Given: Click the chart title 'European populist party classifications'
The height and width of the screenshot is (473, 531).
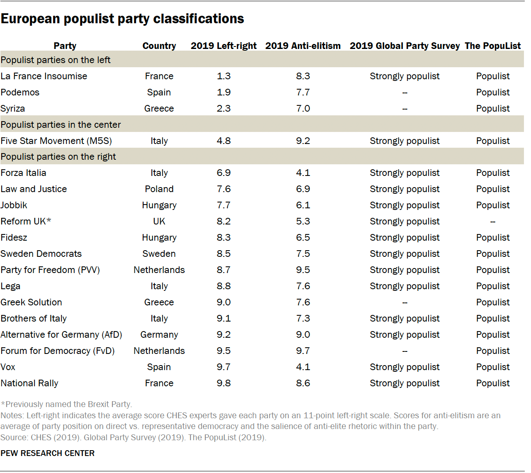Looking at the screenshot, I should [x=122, y=19].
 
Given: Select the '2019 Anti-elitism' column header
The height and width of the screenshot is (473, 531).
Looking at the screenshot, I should [x=303, y=46].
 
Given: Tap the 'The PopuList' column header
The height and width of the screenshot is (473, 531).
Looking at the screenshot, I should [x=492, y=46].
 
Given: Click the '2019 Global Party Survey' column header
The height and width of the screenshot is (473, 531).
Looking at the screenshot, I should [x=404, y=46].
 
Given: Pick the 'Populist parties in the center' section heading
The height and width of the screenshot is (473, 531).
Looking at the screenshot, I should [x=61, y=125].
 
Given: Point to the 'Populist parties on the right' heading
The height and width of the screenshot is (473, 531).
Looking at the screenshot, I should [x=58, y=157].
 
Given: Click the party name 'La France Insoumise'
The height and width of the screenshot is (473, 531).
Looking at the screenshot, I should [x=44, y=76].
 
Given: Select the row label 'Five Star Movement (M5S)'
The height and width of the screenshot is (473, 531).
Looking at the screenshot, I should [x=56, y=141].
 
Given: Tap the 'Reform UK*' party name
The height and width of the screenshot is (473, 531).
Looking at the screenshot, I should [x=26, y=222].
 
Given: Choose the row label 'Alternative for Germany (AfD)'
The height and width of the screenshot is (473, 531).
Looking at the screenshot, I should [x=61, y=335].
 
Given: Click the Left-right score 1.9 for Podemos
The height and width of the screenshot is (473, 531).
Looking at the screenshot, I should [x=224, y=93].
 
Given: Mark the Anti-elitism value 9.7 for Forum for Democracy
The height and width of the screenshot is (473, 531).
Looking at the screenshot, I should [x=303, y=351].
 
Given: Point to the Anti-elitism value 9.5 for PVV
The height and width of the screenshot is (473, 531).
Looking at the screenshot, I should [x=303, y=270].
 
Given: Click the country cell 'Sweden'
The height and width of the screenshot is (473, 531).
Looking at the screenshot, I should [x=159, y=254].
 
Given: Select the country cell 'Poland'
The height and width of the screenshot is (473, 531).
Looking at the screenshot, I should [x=159, y=189].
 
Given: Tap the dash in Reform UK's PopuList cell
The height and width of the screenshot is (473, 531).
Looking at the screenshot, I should [x=492, y=222].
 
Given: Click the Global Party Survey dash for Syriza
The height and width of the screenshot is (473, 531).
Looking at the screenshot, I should [x=404, y=109].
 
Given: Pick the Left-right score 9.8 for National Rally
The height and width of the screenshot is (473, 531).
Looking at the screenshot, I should [x=224, y=383].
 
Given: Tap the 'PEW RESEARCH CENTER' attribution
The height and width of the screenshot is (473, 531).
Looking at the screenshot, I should [x=48, y=453].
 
